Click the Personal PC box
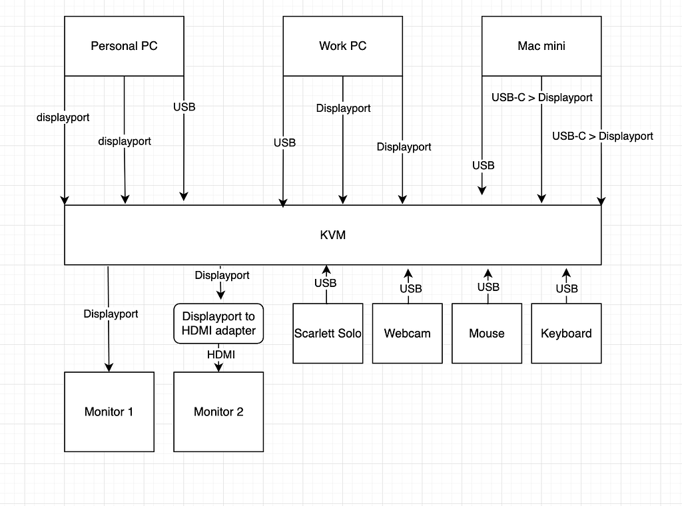tap(124, 46)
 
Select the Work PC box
tap(342, 46)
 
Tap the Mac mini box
tap(541, 46)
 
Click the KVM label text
tap(332, 235)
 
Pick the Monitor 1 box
tap(109, 411)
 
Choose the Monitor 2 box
tap(218, 411)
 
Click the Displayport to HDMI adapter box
tap(218, 324)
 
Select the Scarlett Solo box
tap(328, 334)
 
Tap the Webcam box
tap(407, 334)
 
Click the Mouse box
tap(486, 334)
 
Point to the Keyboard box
tap(566, 334)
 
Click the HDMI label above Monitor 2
tap(220, 355)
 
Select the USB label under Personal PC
tap(184, 107)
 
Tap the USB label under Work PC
tap(284, 142)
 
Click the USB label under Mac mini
tap(483, 165)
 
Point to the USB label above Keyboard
tap(567, 288)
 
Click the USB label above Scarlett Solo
tap(326, 283)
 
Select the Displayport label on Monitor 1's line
tap(111, 314)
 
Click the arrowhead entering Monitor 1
tap(109, 366)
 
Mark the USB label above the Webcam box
tap(410, 288)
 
